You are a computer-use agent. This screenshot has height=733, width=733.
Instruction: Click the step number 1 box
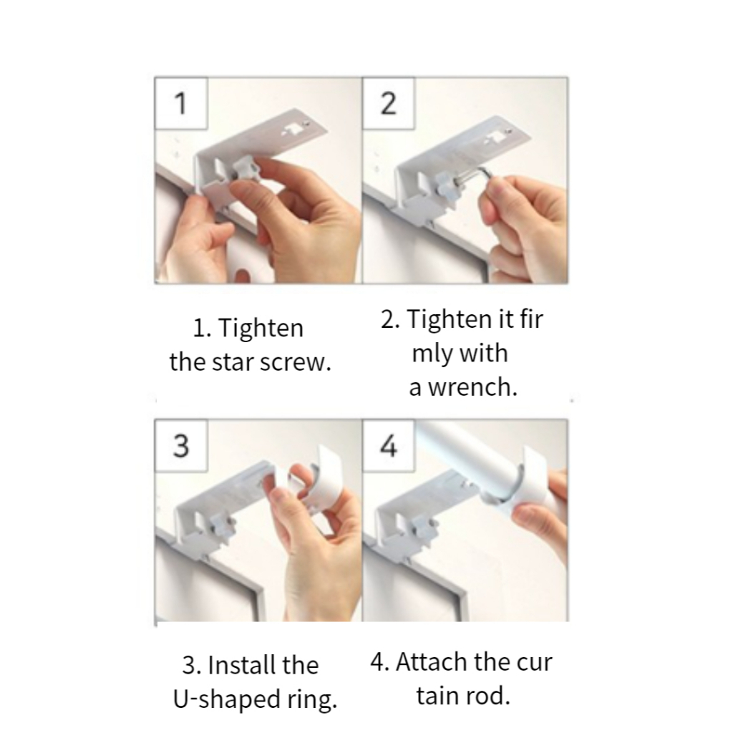(x=181, y=103)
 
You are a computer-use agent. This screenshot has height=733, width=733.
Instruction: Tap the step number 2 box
(x=389, y=103)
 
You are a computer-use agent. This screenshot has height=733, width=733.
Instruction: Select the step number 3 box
(x=181, y=445)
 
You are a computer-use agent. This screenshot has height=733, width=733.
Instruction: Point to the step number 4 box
(x=389, y=445)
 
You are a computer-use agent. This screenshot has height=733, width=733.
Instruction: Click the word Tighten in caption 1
(x=261, y=328)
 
